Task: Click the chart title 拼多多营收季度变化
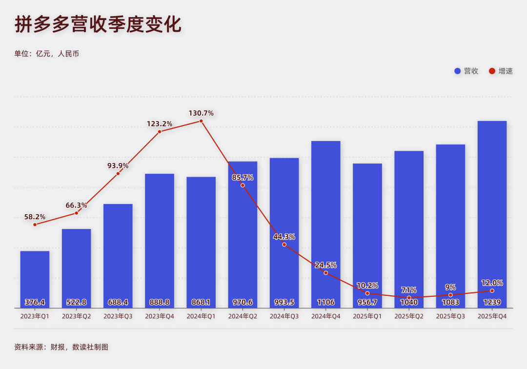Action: coord(98,24)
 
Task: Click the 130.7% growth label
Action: coord(201,113)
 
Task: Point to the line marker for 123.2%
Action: coord(160,132)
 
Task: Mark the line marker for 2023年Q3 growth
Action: coord(118,174)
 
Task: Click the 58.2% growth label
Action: coord(35,217)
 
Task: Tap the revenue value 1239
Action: coord(492,302)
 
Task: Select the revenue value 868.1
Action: coord(201,302)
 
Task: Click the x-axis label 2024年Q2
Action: coord(243,316)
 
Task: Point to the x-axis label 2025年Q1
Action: coord(367,316)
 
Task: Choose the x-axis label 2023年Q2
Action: coord(76,316)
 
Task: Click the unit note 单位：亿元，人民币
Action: coord(47,54)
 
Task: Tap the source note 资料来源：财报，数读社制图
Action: coord(61,347)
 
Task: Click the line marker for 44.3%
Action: coord(284,244)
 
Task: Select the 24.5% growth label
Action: coord(325,265)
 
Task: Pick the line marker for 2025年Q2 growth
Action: coord(409,297)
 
